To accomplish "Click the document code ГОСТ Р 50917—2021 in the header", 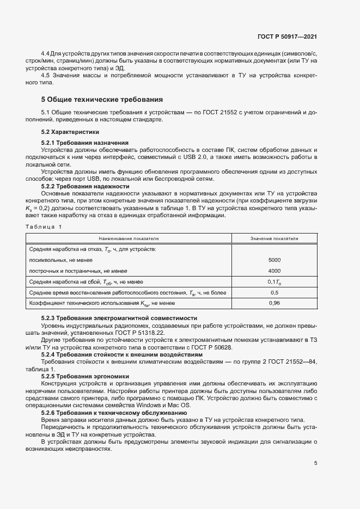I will (287, 37).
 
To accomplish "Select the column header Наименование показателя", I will (129, 238).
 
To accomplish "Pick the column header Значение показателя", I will (274, 238).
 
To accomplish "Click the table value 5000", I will (274, 260).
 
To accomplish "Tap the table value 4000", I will (274, 271).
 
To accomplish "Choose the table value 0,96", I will (274, 303).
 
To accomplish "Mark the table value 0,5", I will (274, 292).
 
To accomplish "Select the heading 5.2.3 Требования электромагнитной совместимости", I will (119, 318).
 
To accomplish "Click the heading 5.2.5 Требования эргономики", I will (85, 376).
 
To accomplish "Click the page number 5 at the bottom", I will (316, 464).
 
